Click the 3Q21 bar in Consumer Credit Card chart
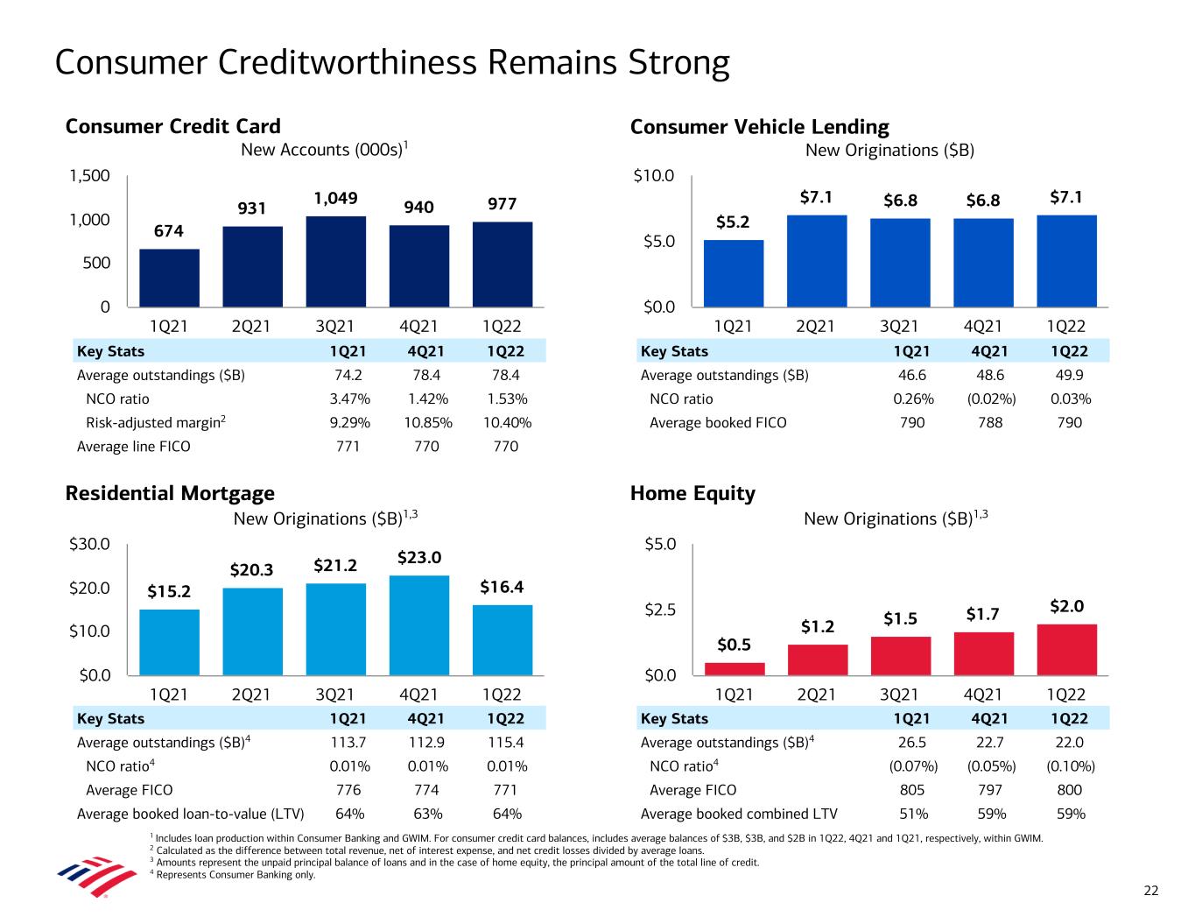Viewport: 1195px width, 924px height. tap(336, 261)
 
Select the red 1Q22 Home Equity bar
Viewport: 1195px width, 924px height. tap(1066, 649)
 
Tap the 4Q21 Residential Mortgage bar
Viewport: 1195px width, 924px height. tap(418, 624)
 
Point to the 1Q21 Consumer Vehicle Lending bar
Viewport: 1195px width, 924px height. tap(734, 272)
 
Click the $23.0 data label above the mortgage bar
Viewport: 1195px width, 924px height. tap(419, 558)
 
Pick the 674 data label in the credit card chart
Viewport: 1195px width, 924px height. tap(169, 231)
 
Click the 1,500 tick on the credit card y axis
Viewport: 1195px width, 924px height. tap(90, 176)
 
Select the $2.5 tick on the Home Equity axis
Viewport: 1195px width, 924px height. tap(659, 610)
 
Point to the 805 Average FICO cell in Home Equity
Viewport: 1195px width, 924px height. tap(912, 790)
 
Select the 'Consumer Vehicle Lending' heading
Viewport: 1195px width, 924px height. tap(759, 127)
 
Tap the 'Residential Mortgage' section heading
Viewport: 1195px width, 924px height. tap(170, 494)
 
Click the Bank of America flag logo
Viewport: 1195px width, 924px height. tap(96, 876)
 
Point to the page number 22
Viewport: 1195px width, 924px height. tap(1150, 891)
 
